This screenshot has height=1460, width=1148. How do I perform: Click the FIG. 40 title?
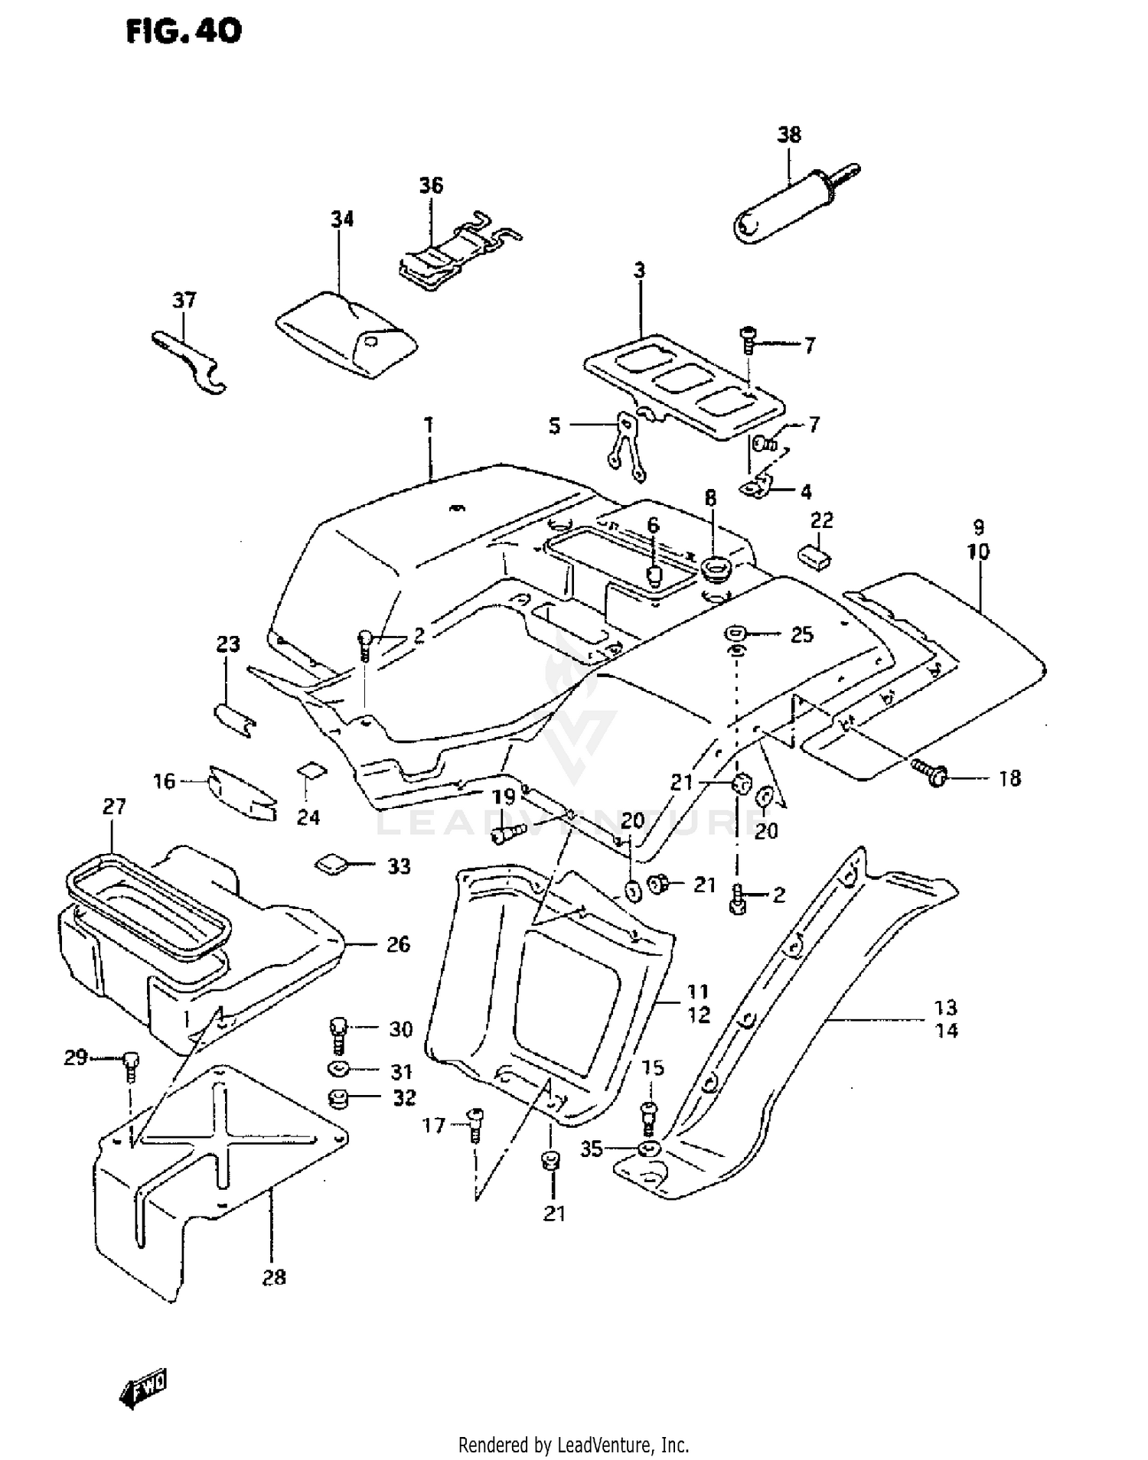click(x=184, y=31)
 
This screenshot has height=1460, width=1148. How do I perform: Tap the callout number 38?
click(x=789, y=135)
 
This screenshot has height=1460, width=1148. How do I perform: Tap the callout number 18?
click(x=1010, y=778)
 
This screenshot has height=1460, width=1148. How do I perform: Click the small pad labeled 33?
click(x=330, y=865)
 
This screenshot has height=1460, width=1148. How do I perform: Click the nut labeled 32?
click(x=337, y=1100)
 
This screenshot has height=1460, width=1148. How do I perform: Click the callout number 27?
click(x=113, y=807)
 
